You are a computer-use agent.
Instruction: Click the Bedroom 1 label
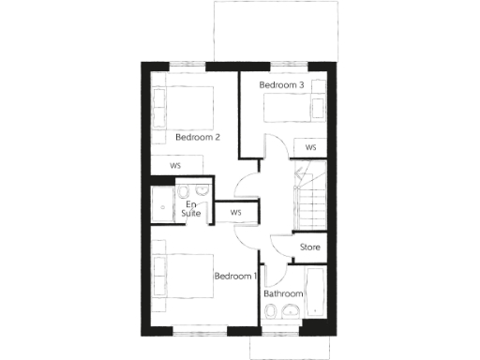click(235, 277)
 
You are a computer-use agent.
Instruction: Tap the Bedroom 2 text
click(198, 137)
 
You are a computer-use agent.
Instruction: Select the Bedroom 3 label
click(282, 85)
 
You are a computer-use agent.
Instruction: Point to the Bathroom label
click(282, 293)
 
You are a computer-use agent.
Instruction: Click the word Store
click(309, 247)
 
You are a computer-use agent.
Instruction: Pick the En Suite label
click(191, 209)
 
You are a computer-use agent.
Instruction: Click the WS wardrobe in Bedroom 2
click(176, 166)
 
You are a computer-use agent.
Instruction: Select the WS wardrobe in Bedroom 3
click(309, 147)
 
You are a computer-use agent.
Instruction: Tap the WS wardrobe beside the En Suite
click(235, 213)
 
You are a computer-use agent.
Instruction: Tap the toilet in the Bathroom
click(272, 319)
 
